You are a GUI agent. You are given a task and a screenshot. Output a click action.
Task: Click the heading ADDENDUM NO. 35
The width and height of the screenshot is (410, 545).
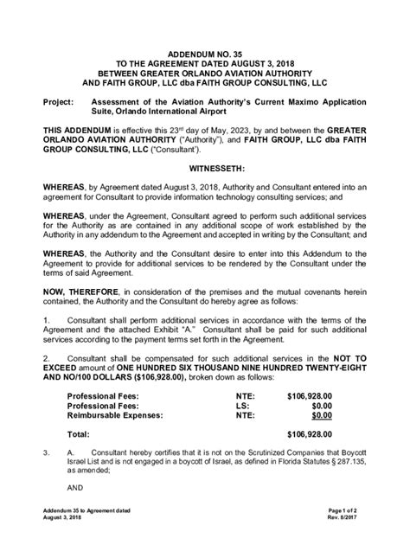point(205,54)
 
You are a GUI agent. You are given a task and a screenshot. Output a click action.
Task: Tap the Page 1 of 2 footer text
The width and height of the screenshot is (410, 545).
point(349,511)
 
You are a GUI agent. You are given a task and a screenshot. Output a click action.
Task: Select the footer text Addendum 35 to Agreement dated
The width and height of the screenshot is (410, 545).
point(89,511)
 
